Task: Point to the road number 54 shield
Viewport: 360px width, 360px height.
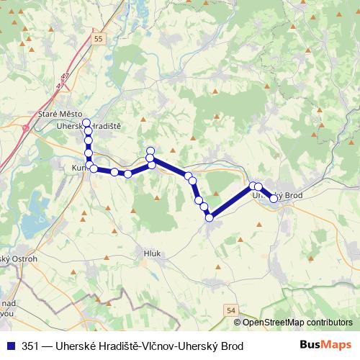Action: pyautogui.click(x=230, y=310)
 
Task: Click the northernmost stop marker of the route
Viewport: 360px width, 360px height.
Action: pyautogui.click(x=86, y=122)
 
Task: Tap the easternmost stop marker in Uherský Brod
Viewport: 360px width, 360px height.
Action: pyautogui.click(x=274, y=199)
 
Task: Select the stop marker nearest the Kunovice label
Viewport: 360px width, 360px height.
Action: pyautogui.click(x=93, y=168)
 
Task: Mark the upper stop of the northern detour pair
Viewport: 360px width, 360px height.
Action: pyautogui.click(x=150, y=150)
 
